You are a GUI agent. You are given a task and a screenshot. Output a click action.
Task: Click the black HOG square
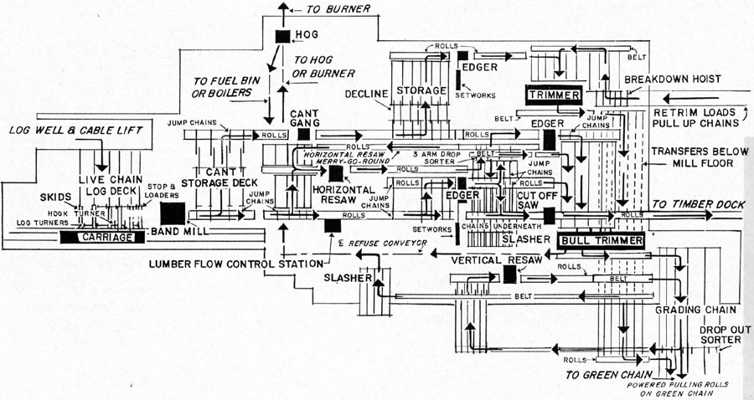(x=281, y=35)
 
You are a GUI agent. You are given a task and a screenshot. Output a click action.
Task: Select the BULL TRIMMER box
(x=601, y=241)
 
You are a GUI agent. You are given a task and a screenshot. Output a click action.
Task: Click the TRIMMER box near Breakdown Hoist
(x=554, y=95)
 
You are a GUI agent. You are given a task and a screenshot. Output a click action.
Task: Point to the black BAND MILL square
(x=172, y=213)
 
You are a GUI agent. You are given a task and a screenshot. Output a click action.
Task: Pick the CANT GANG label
(x=303, y=118)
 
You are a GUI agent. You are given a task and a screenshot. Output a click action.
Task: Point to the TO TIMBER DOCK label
(x=699, y=205)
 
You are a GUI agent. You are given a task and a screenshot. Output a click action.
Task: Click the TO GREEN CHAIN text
(x=609, y=375)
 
